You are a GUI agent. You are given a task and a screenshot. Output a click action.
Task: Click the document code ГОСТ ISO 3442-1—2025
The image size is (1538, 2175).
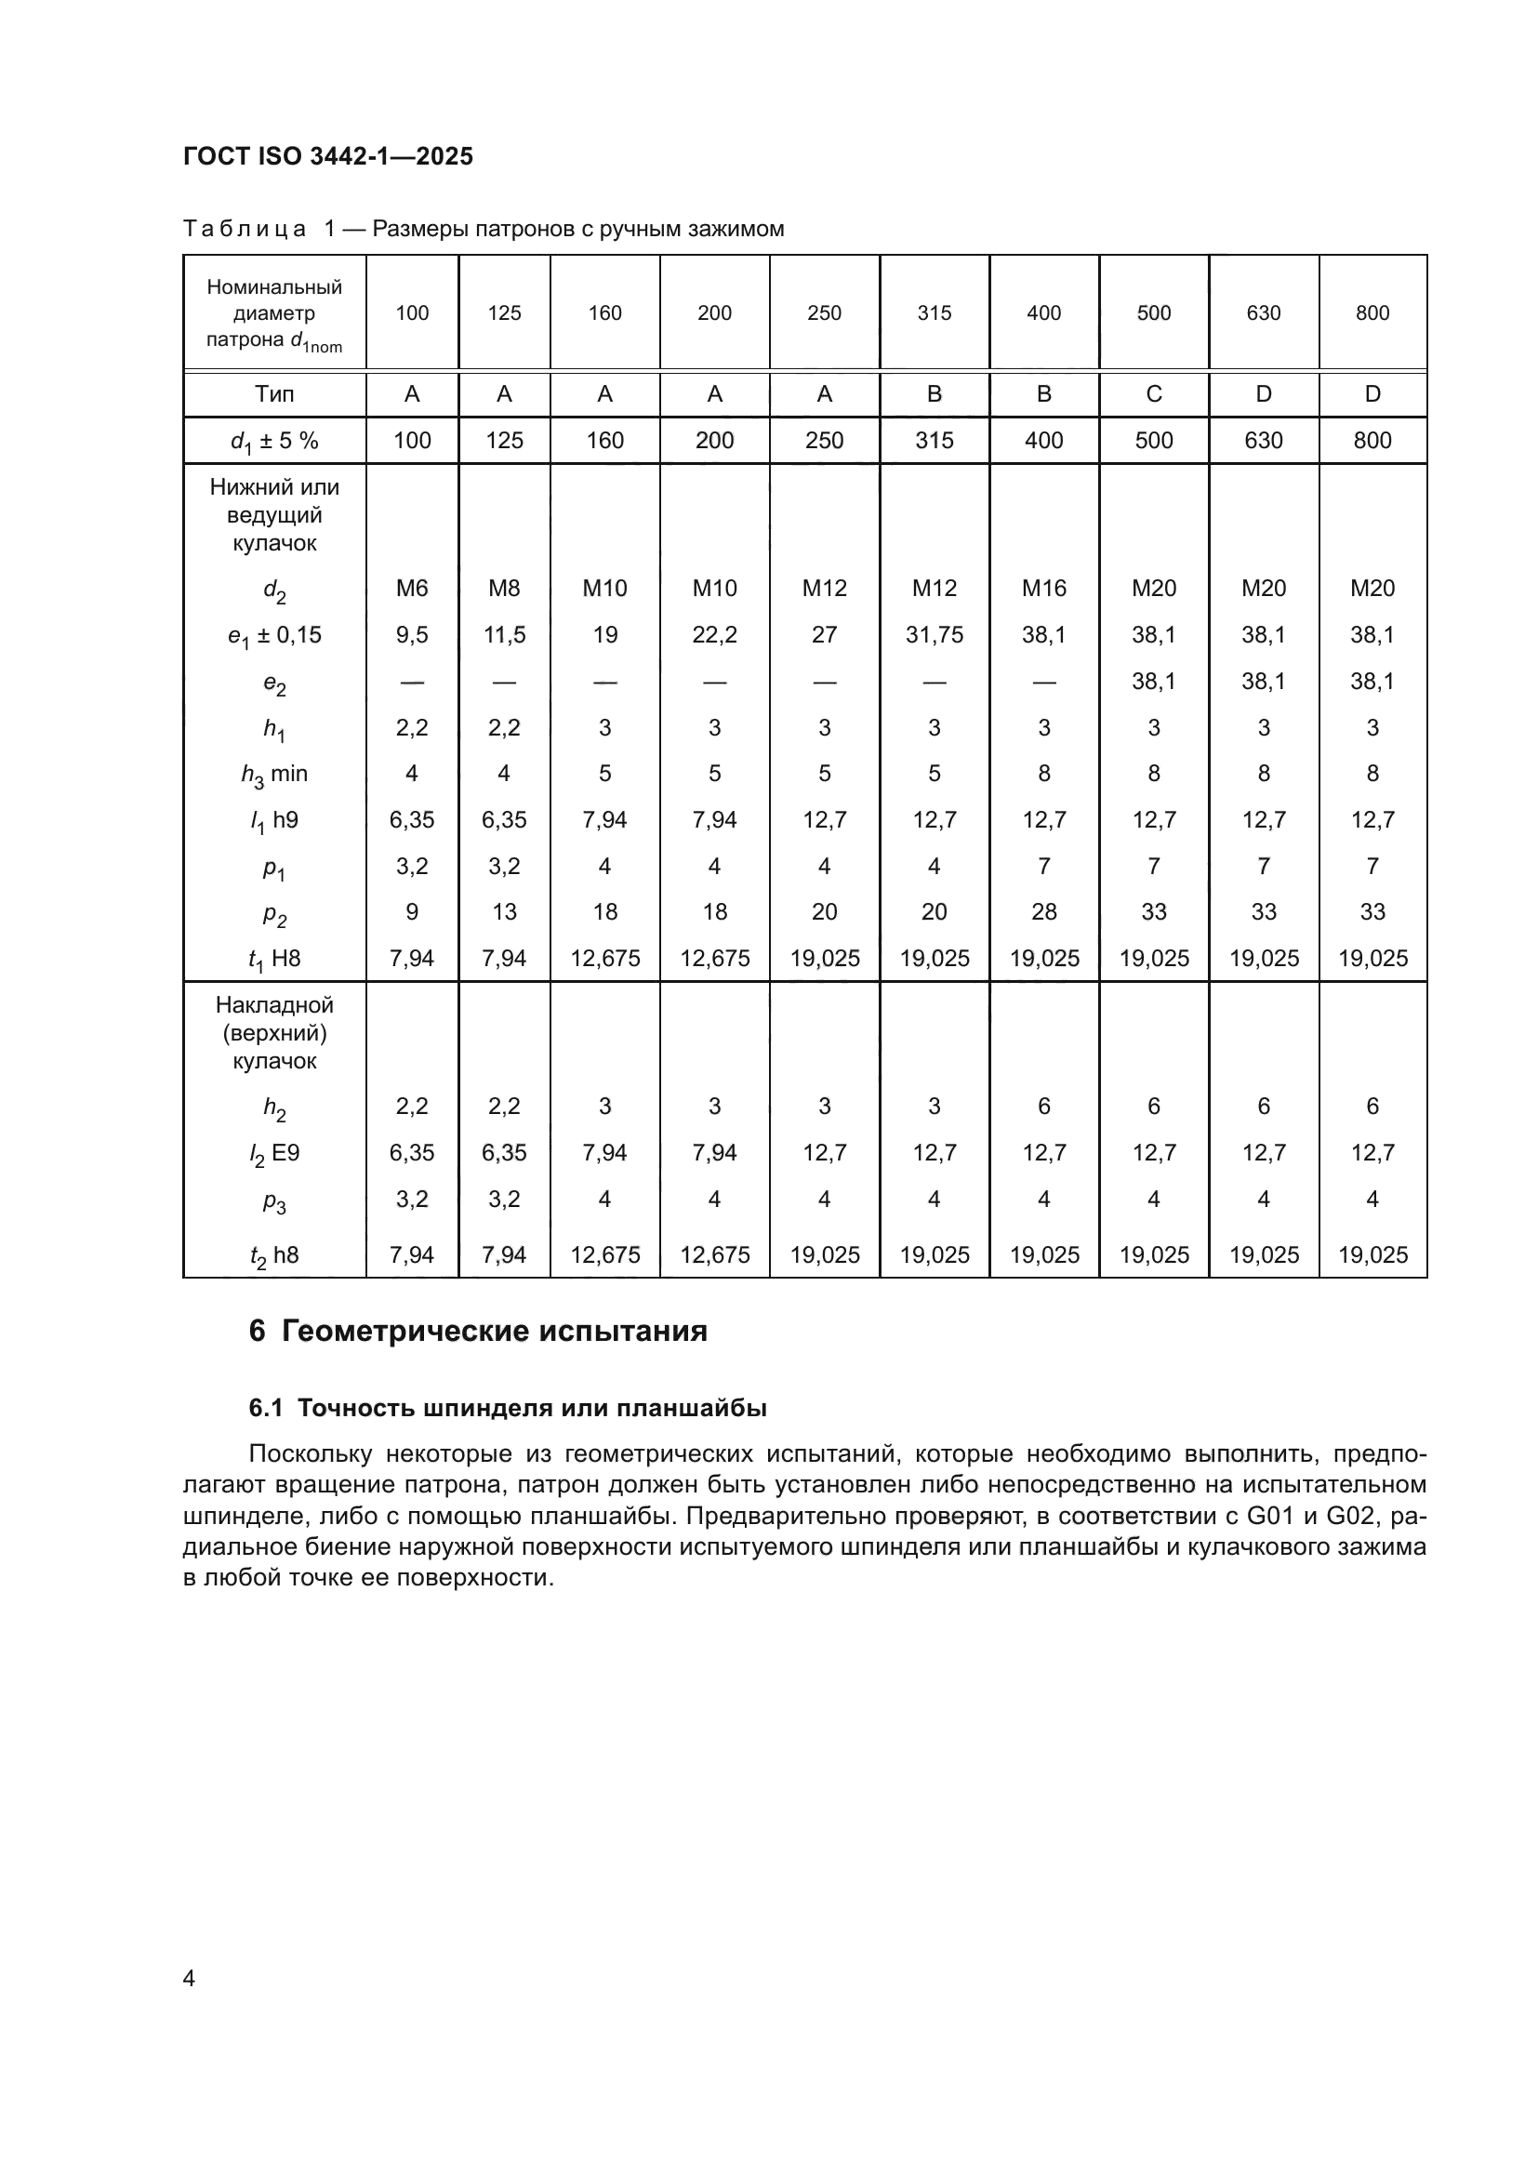[327, 156]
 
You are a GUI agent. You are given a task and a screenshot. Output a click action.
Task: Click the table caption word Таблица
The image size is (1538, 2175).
[244, 229]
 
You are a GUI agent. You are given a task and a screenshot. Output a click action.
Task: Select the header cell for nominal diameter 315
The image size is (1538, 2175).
[934, 312]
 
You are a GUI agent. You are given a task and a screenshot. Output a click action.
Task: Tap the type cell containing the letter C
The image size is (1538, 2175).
[1153, 394]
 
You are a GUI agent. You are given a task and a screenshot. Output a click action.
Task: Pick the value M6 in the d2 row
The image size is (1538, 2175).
[412, 589]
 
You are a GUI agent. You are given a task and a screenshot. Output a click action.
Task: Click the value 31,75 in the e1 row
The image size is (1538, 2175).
[934, 635]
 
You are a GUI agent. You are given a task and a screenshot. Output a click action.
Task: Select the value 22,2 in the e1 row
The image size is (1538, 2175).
[714, 635]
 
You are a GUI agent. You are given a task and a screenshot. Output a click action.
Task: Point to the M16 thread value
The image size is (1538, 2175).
[1043, 589]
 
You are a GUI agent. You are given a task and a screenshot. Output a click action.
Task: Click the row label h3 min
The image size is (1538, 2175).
[273, 774]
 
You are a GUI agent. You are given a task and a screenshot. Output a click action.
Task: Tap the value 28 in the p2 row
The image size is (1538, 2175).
[1043, 911]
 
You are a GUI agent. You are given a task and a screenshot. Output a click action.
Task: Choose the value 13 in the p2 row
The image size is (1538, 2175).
[504, 911]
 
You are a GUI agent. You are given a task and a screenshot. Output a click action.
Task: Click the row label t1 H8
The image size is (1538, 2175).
[273, 959]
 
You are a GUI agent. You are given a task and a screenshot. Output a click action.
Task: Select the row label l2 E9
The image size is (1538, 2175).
[273, 1153]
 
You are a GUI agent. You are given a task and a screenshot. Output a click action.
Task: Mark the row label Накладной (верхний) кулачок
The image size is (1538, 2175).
[273, 1032]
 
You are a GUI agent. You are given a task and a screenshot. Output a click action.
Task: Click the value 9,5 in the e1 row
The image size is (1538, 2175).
[412, 635]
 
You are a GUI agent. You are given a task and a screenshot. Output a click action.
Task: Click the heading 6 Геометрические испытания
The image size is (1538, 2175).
[477, 1331]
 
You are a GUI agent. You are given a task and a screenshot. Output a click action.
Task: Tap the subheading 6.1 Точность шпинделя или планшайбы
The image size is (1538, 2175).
[508, 1408]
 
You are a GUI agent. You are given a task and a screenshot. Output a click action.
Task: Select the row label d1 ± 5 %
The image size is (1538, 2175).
[273, 441]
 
